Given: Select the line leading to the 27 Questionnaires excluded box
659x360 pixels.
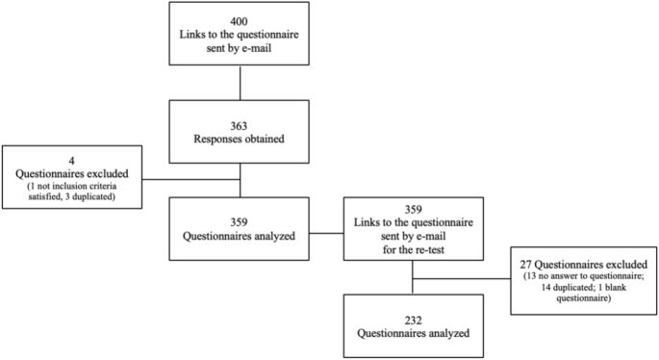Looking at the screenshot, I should (462, 280).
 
